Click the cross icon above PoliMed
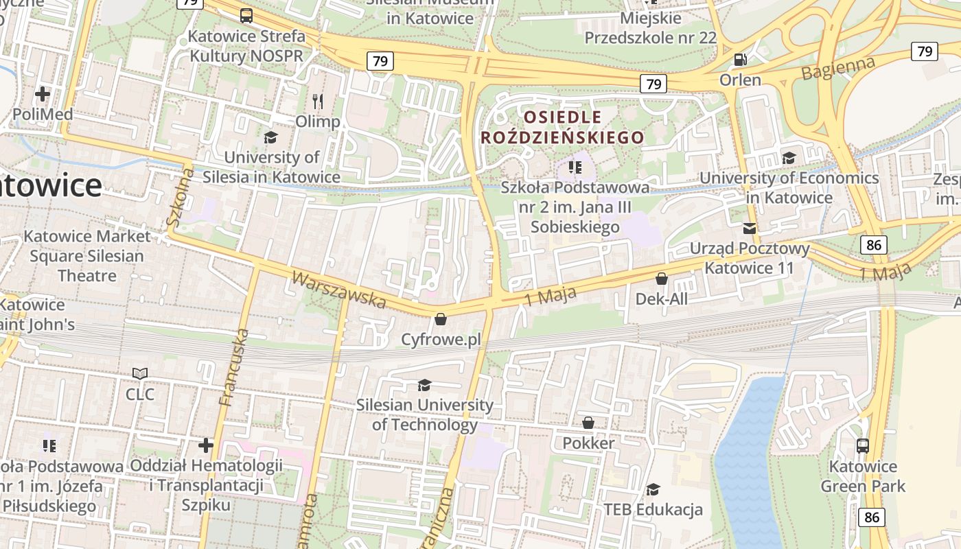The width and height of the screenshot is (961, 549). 43,93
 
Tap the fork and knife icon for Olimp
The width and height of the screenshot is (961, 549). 317,102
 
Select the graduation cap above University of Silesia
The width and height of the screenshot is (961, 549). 270,137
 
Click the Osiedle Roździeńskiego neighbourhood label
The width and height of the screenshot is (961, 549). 563,127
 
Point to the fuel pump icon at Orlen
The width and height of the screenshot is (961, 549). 740,60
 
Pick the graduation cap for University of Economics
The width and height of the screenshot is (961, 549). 789,159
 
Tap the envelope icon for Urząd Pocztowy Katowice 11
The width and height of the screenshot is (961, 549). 749,228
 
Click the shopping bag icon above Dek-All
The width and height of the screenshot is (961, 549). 662,279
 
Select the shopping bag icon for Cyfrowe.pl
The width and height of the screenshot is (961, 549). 441,319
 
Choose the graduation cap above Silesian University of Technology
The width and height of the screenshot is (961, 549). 424,385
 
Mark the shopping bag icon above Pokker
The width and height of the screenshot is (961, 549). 588,423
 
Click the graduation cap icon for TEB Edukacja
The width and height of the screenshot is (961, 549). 653,489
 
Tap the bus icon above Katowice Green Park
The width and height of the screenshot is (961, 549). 863,446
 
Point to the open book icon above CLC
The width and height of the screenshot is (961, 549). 140,374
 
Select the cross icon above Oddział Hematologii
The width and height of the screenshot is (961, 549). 206,445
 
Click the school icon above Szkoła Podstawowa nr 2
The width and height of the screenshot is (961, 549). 575,167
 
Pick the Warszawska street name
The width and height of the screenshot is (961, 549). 338,289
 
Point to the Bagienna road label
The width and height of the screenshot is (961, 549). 839,69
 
